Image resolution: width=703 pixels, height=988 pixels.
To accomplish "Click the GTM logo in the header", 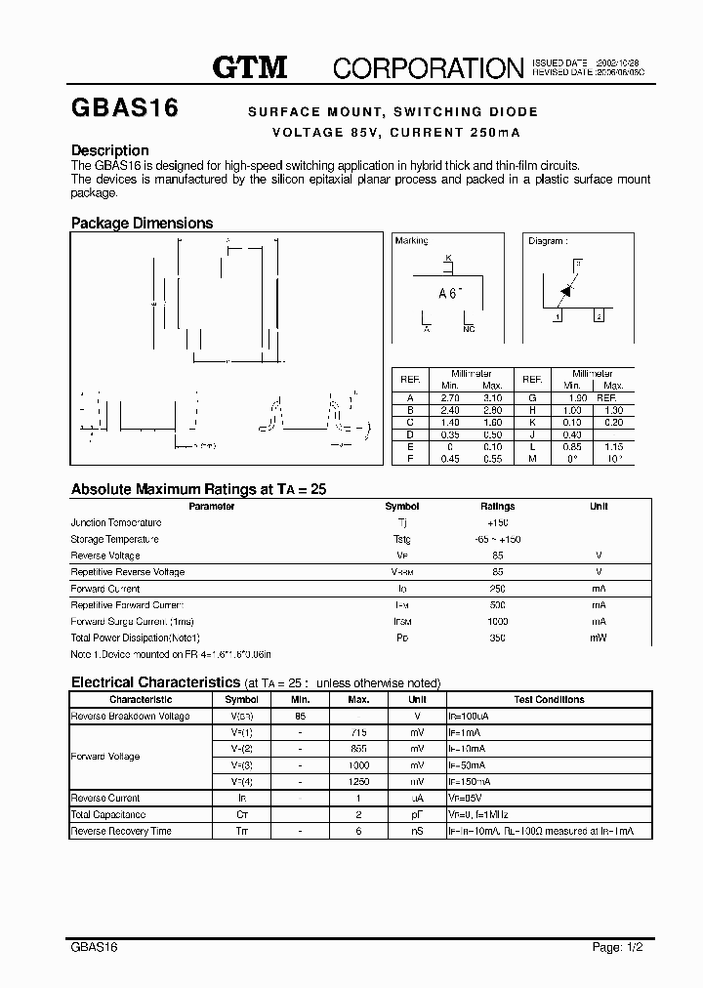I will pos(250,66).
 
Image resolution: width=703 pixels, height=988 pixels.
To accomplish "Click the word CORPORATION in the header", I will pos(429,67).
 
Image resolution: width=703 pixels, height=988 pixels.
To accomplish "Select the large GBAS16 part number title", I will pos(124,108).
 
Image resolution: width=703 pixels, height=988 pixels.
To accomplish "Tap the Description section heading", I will pos(110,150).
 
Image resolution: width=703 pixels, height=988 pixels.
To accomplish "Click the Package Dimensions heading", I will pos(142,223).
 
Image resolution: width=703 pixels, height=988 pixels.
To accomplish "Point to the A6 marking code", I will pos(449,292).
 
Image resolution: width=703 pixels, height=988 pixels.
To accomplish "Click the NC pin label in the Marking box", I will pos(469,329).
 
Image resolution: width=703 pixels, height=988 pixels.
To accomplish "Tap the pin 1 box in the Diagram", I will pos(558,315).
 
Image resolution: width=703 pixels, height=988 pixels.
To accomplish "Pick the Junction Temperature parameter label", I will pos(116,523).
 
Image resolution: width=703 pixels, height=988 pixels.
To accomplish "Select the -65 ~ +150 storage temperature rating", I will pos(497,539).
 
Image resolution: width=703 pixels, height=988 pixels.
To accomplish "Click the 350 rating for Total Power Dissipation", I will pos(497,638).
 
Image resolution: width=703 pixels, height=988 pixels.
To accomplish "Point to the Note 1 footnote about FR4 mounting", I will pos(171,654).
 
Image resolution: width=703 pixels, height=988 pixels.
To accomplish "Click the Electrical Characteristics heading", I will pos(155,682).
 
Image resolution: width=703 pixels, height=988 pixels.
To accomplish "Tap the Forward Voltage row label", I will pos(105,757).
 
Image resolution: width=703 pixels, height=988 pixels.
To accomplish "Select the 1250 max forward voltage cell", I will pos(358,782).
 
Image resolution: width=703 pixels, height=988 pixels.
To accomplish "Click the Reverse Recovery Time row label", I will pos(121,831).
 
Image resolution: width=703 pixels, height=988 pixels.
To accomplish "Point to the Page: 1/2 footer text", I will pos(618,947).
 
